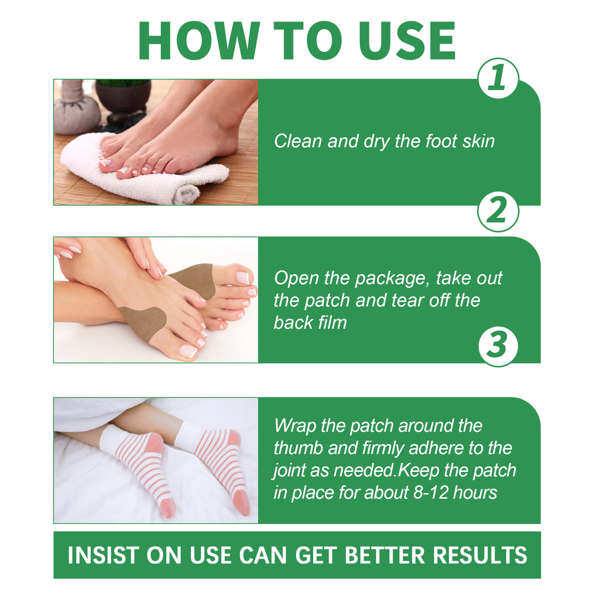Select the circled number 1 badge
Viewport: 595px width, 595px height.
[497, 78]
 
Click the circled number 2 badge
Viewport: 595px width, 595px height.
[497, 212]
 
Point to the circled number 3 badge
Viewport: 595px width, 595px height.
[497, 346]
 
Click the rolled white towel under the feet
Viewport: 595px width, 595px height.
[147, 176]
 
